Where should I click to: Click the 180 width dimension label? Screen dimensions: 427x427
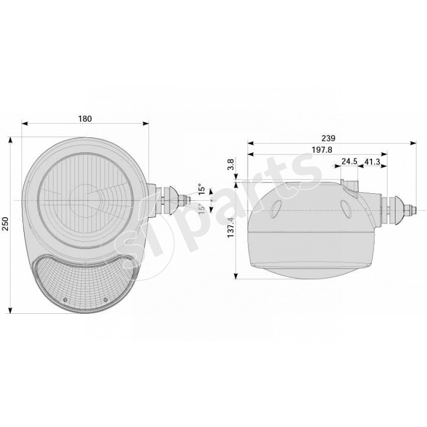[85, 118]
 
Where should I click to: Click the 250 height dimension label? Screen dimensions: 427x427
[5, 224]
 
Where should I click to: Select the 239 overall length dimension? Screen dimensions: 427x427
[328, 138]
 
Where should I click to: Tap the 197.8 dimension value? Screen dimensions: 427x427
[322, 150]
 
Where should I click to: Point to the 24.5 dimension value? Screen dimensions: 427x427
[349, 161]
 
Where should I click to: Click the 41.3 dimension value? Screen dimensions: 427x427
[372, 162]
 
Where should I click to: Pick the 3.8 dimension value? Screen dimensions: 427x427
[231, 165]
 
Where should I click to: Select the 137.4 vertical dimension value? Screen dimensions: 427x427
[231, 227]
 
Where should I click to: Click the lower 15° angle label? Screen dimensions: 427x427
[201, 209]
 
